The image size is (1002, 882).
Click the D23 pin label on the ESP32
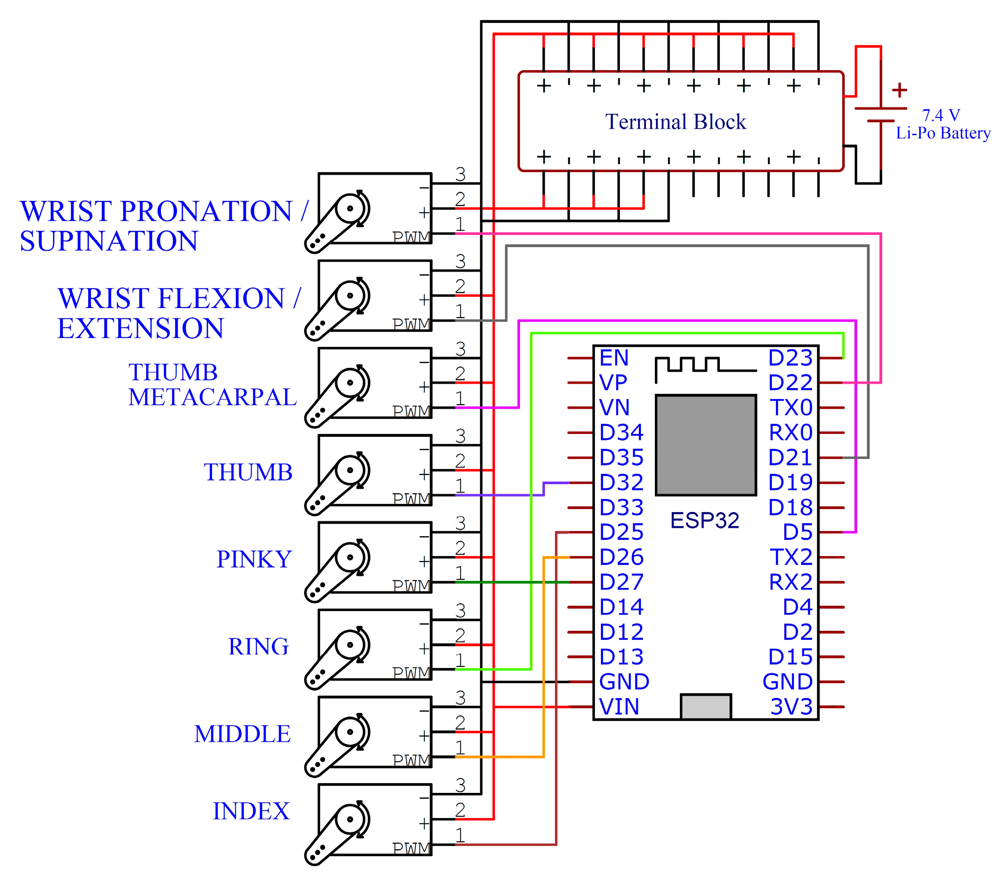click(790, 358)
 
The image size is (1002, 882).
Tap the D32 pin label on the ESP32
click(621, 482)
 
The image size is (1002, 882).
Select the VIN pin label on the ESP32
click(619, 707)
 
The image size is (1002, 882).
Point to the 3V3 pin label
click(791, 707)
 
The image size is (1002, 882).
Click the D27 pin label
click(621, 582)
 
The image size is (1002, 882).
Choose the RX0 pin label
click(790, 433)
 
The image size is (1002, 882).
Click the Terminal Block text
click(675, 122)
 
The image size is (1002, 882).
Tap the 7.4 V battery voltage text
click(940, 116)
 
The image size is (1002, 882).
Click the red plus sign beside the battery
click(899, 90)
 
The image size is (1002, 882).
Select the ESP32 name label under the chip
click(705, 520)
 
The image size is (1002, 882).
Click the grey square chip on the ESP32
click(705, 445)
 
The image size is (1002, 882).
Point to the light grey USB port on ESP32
click(705, 707)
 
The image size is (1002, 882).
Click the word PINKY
click(254, 559)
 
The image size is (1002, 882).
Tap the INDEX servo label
click(251, 811)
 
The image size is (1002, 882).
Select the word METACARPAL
click(212, 397)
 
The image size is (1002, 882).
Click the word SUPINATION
click(109, 241)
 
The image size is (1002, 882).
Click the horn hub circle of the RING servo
click(350, 645)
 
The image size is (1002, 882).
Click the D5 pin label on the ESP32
click(797, 532)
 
